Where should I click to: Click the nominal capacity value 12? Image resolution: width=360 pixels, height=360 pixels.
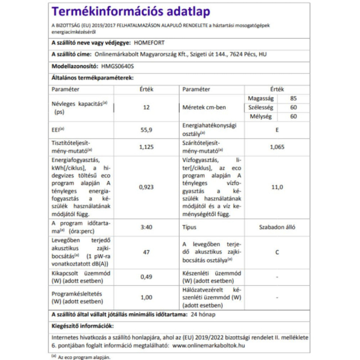[146, 108]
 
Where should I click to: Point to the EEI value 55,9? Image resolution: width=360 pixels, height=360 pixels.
[147, 131]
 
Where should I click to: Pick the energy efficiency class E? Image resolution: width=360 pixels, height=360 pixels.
[277, 131]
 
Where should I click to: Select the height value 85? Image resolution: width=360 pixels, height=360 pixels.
[293, 98]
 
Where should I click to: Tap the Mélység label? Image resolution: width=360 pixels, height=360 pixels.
[261, 117]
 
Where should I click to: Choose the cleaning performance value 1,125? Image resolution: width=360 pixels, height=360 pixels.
[147, 147]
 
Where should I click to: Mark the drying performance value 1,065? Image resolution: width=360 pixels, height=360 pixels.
[277, 147]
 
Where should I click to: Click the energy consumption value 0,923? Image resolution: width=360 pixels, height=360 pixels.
[147, 187]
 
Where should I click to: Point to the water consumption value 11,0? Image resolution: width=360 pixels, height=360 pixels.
[277, 187]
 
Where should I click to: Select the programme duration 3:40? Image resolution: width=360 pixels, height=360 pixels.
[147, 227]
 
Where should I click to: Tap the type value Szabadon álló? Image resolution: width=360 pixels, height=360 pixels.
[277, 227]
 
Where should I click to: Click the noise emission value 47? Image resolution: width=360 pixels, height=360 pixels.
[147, 252]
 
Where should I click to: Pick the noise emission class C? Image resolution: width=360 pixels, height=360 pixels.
[277, 252]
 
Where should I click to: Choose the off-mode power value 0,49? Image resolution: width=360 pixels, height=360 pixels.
[147, 277]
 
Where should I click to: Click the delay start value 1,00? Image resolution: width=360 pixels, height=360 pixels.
[147, 297]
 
